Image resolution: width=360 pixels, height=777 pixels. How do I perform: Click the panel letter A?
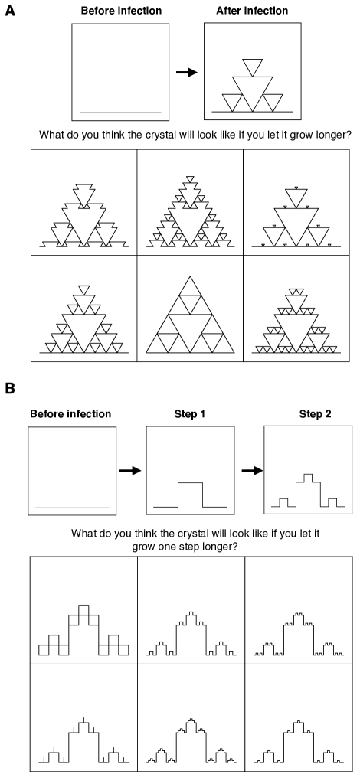click(x=9, y=10)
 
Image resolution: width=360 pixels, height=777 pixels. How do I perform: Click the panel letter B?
click(x=9, y=388)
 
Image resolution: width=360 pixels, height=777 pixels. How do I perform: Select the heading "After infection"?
click(x=253, y=11)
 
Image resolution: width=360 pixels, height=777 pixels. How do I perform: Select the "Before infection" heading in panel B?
click(x=71, y=414)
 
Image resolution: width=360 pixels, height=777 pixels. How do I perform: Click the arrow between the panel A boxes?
click(x=186, y=73)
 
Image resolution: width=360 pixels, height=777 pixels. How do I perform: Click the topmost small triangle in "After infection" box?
click(x=253, y=67)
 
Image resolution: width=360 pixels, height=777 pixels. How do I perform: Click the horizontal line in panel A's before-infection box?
click(x=120, y=113)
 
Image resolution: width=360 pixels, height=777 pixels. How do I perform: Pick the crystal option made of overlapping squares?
click(x=83, y=629)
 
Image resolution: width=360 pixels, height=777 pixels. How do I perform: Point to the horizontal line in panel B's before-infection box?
click(x=73, y=508)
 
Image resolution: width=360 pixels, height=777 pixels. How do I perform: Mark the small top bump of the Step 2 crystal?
click(x=308, y=477)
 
